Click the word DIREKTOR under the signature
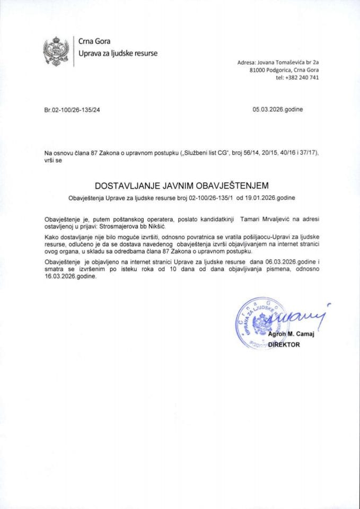pos(284,344)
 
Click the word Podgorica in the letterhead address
pos(284,70)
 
